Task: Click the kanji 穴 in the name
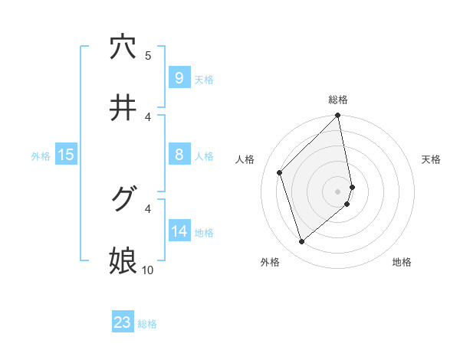[123, 47]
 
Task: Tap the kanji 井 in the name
[123, 109]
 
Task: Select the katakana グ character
[123, 200]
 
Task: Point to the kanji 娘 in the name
[123, 261]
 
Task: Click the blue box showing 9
[179, 77]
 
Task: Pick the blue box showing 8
[179, 155]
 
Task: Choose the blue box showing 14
[179, 231]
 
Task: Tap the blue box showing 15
[65, 155]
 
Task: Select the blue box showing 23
[123, 322]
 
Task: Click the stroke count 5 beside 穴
[148, 55]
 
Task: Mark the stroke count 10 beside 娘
[148, 270]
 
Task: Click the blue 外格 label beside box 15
[41, 155]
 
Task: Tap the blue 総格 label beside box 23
[147, 324]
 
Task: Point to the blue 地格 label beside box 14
[204, 232]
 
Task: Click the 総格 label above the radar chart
[338, 100]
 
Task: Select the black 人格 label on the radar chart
[245, 159]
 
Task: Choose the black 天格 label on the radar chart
[432, 159]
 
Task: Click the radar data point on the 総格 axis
[338, 116]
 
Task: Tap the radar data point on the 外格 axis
[301, 242]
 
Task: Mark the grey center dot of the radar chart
[338, 191]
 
